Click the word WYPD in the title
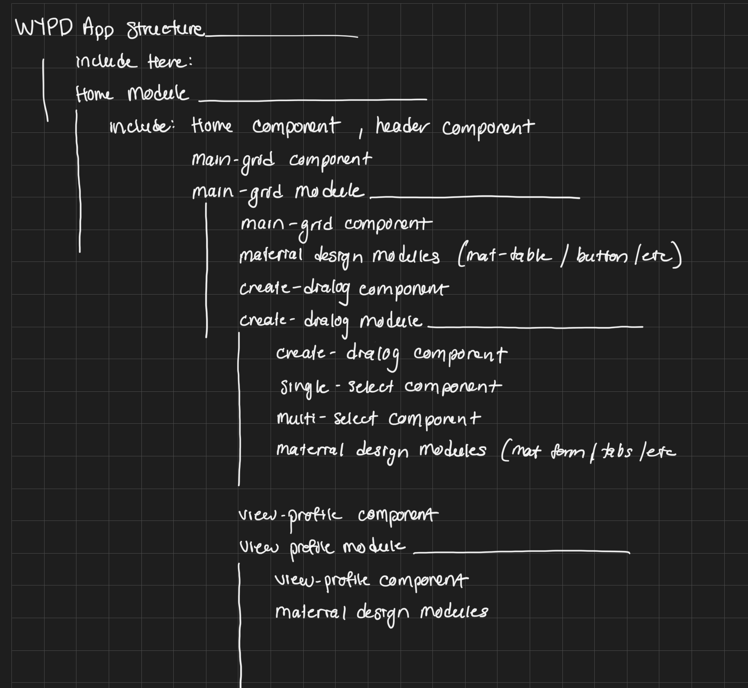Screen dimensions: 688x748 click(44, 28)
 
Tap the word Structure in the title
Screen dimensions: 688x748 click(166, 29)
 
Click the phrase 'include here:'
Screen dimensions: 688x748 click(134, 62)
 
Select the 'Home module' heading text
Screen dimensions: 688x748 click(132, 94)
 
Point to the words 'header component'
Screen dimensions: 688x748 click(455, 127)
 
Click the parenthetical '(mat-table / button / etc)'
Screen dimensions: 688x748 click(569, 257)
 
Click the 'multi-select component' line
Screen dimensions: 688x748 click(378, 419)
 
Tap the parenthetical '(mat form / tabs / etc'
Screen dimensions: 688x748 click(588, 451)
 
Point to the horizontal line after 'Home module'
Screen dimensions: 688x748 click(313, 99)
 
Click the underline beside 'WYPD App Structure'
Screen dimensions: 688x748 click(282, 36)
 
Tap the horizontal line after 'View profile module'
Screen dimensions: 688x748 click(522, 552)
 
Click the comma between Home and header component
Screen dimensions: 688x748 click(361, 133)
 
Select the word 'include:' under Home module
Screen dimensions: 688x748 click(141, 127)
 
